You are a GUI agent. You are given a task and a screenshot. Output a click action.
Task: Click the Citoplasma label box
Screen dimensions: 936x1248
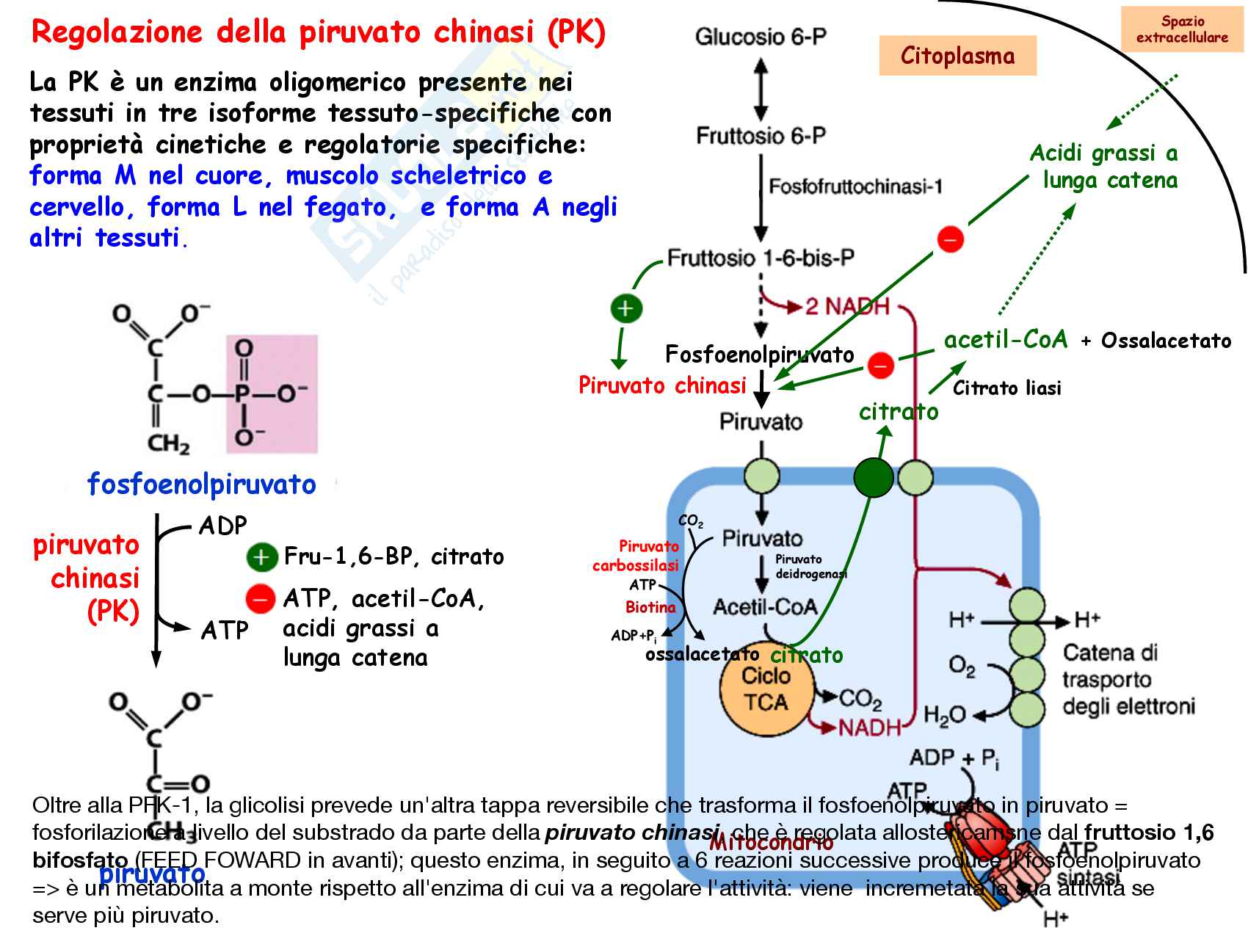(957, 57)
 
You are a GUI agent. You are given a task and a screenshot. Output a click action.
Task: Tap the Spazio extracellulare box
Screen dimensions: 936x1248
(1182, 29)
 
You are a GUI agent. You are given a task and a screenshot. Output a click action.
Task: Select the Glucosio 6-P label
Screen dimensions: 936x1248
(761, 37)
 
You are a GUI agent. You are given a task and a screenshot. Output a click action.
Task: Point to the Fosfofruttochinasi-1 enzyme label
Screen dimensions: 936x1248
(855, 186)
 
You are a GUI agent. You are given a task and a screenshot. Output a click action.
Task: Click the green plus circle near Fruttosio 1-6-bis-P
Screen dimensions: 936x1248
(626, 308)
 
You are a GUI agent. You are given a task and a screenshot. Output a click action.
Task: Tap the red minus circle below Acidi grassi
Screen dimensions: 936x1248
(950, 239)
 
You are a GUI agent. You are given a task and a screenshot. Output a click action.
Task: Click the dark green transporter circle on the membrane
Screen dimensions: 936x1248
(874, 478)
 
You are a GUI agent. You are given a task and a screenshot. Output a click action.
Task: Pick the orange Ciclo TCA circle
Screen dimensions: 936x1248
(766, 689)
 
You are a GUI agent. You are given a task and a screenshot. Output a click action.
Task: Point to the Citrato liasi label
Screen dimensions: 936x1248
(1006, 388)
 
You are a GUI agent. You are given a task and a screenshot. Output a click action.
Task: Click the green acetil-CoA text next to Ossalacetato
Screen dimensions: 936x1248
(1006, 340)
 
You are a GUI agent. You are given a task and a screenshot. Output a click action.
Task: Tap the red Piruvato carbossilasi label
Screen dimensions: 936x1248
(636, 556)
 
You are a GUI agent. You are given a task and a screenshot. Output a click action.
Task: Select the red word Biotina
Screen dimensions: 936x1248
(650, 607)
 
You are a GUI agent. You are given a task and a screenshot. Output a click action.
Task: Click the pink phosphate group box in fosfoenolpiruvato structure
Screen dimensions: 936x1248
(272, 394)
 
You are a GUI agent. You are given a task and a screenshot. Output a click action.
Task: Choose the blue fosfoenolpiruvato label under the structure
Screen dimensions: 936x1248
(201, 485)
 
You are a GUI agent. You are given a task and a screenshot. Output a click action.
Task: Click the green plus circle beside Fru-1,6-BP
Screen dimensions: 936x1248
(261, 557)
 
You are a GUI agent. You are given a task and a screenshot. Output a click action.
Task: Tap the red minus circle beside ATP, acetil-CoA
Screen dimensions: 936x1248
(260, 599)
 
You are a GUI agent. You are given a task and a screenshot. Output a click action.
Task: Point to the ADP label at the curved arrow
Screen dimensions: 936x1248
(223, 526)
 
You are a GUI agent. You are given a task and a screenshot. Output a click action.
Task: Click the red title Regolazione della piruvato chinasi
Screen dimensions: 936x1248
(319, 32)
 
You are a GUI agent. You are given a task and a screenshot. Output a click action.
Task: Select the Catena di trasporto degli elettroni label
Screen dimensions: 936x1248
(1128, 679)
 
